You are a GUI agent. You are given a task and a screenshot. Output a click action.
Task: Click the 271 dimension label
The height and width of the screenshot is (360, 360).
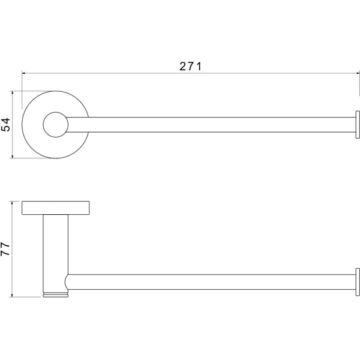[190, 67]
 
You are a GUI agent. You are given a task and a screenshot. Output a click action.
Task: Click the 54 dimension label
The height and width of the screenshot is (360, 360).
[6, 124]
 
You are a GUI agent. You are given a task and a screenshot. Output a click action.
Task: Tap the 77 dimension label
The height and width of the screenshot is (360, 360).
[5, 249]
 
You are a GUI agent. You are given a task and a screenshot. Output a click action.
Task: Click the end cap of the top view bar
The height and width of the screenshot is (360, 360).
[358, 125]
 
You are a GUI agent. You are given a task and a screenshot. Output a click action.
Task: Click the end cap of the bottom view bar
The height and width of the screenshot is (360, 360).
[358, 282]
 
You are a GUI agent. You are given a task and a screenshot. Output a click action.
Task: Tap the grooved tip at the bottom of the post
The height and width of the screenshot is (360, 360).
[56, 295]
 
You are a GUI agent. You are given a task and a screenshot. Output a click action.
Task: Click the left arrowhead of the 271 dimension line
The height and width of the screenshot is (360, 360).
[23, 73]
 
